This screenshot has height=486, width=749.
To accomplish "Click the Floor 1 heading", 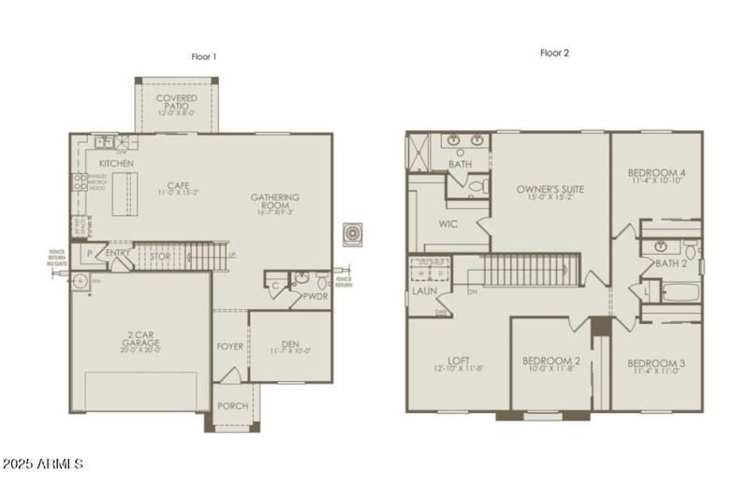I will pyautogui.click(x=204, y=56).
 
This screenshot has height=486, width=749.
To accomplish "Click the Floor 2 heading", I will pyautogui.click(x=554, y=53).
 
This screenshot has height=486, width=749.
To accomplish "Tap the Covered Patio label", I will pyautogui.click(x=175, y=97).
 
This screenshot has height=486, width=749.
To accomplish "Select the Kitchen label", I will pyautogui.click(x=116, y=164).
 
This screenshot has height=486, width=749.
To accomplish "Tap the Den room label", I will pyautogui.click(x=291, y=344).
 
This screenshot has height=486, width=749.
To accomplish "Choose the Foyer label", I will pyautogui.click(x=229, y=345).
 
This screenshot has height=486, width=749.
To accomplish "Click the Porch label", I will pyautogui.click(x=232, y=405).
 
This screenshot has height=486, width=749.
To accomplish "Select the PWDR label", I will pyautogui.click(x=316, y=296).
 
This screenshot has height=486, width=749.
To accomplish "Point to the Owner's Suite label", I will pyautogui.click(x=551, y=189).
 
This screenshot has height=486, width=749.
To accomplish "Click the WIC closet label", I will pyautogui.click(x=448, y=224).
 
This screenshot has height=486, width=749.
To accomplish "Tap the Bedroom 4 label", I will pyautogui.click(x=656, y=173).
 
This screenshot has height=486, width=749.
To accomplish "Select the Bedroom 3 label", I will pyautogui.click(x=656, y=363).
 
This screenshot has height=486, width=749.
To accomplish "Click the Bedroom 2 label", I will pyautogui.click(x=551, y=361).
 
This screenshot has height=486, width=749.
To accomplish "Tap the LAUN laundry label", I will pyautogui.click(x=423, y=290).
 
